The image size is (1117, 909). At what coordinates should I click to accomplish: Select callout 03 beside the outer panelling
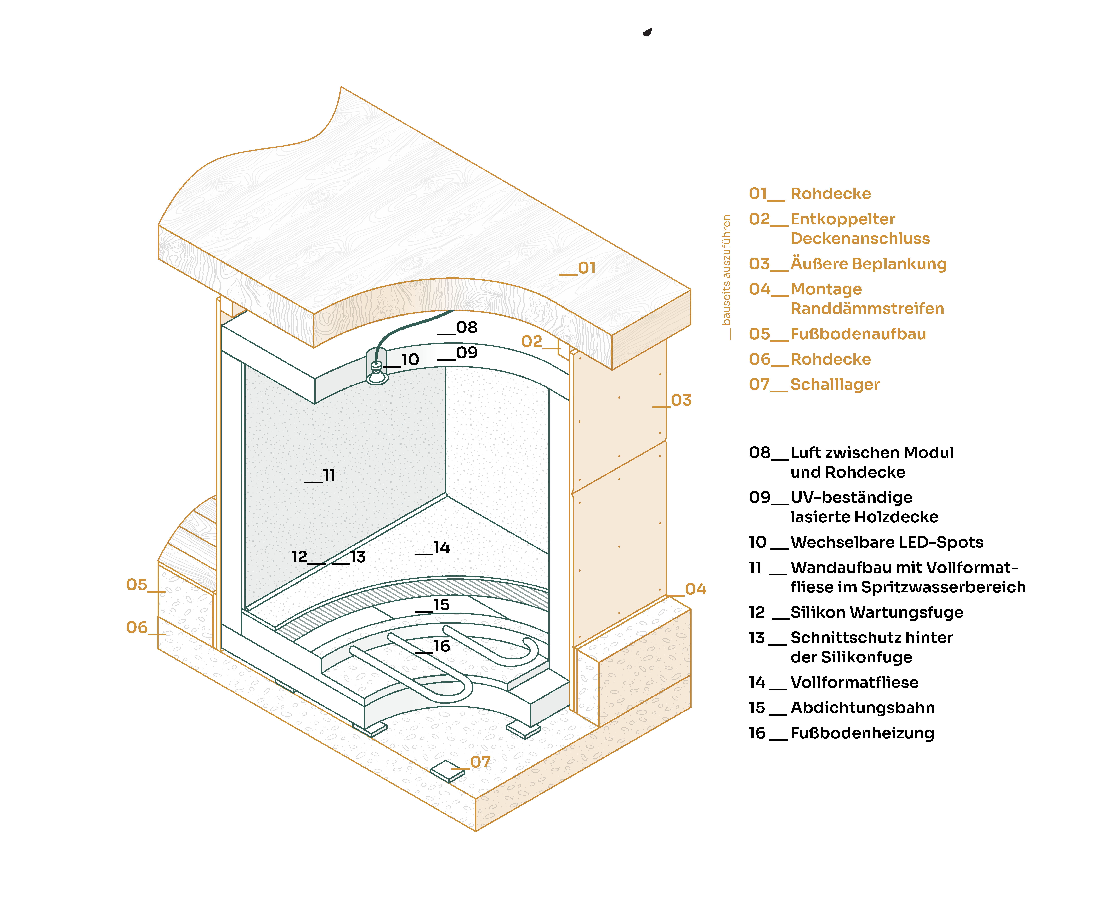pyautogui.click(x=681, y=401)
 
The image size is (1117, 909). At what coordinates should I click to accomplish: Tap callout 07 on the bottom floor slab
pyautogui.click(x=480, y=762)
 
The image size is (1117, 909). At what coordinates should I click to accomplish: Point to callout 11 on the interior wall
pyautogui.click(x=328, y=475)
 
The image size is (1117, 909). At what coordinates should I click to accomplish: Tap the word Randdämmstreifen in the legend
pyautogui.click(x=867, y=308)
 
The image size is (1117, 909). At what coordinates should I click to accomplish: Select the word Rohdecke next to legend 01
pyautogui.click(x=830, y=194)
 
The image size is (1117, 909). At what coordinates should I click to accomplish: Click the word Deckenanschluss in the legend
pyautogui.click(x=860, y=239)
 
